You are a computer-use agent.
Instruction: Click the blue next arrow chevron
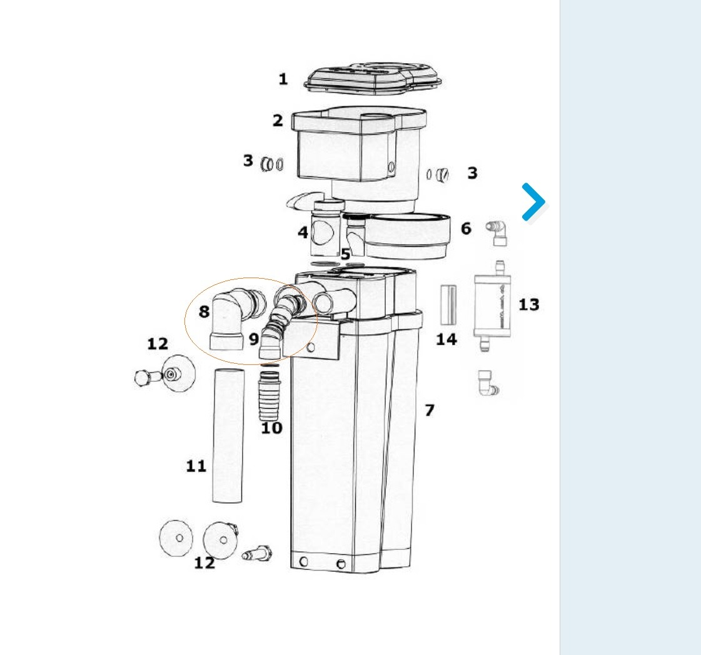click(x=534, y=202)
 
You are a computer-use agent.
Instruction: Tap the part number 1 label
click(x=283, y=79)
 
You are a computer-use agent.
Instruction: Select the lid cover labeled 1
click(x=373, y=79)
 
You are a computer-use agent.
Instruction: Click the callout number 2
click(x=278, y=120)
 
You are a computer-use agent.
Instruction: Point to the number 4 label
click(x=303, y=232)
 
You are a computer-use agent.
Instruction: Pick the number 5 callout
click(x=345, y=254)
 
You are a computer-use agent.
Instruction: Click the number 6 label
click(x=466, y=228)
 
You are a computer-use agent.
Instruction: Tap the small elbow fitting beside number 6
click(x=497, y=232)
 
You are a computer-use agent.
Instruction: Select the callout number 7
click(x=429, y=410)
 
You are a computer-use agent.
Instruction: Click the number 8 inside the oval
click(x=204, y=311)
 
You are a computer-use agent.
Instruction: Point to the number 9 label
click(x=253, y=339)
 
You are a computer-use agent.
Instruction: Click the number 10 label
click(x=271, y=427)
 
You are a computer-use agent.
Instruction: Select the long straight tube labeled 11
click(x=228, y=436)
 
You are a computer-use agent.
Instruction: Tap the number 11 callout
click(x=196, y=466)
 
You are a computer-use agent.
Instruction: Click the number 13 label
click(x=529, y=304)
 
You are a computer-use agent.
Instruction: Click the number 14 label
click(x=446, y=339)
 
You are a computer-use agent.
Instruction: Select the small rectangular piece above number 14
click(x=448, y=305)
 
